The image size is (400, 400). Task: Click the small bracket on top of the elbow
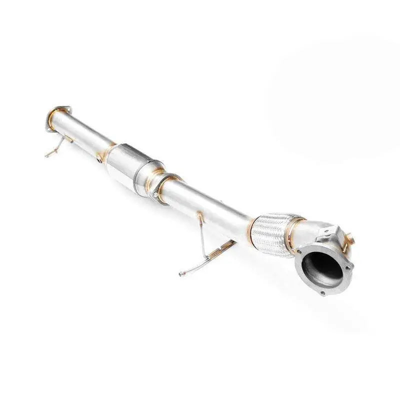click(332, 231)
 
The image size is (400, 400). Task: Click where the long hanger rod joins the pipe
click(200, 216)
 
